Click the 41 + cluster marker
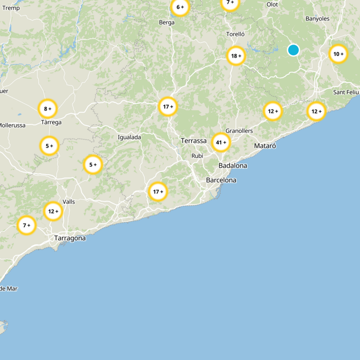tap(221, 143)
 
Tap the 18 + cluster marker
tap(236, 56)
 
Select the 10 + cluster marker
tap(338, 54)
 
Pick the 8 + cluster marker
tap(48, 108)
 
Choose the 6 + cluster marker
tap(180, 7)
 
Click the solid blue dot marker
tap(293, 50)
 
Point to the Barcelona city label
tap(221, 180)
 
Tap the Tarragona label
tap(70, 238)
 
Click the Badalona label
tap(233, 166)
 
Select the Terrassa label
tap(193, 141)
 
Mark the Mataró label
tap(265, 146)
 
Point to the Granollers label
tap(239, 131)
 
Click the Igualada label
tap(129, 137)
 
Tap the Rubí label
tap(198, 156)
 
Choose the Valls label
tap(69, 202)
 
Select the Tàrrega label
tap(51, 122)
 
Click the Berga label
tap(166, 22)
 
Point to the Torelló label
tap(235, 34)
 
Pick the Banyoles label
tap(317, 19)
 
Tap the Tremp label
tap(11, 8)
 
